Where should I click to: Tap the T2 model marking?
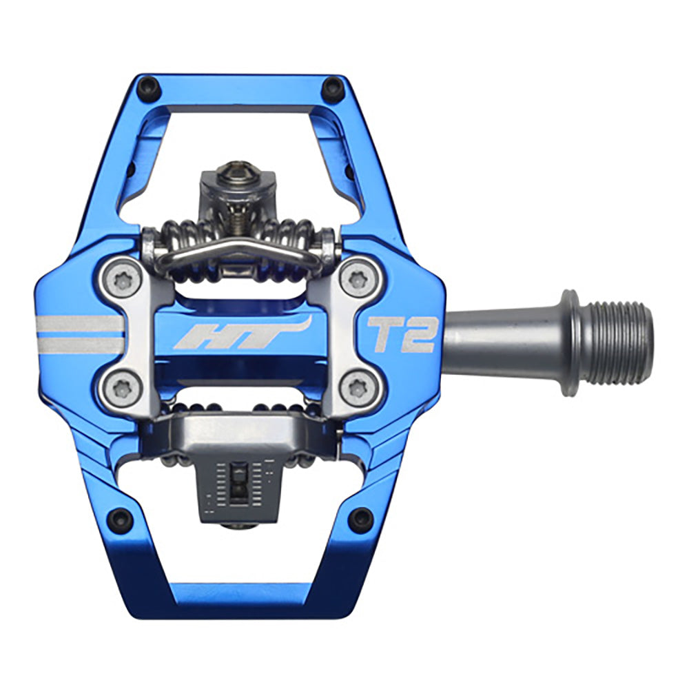[402, 334]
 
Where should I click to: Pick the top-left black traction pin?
[147, 88]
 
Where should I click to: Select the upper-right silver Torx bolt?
[356, 279]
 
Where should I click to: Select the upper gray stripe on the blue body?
[79, 323]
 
